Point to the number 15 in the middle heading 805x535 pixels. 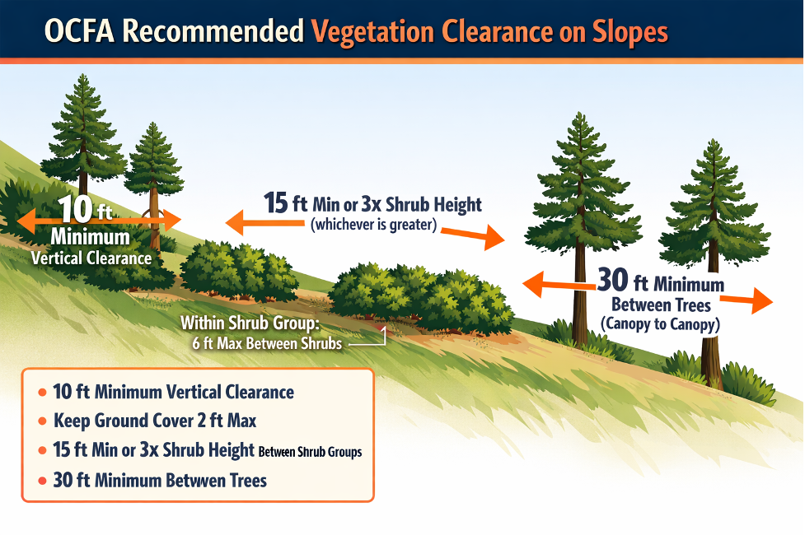pos(276,202)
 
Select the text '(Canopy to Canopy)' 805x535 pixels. pos(660,324)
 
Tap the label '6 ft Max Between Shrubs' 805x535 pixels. pos(267,344)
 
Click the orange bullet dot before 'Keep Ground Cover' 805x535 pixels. pos(42,421)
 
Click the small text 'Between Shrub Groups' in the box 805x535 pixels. pos(310,452)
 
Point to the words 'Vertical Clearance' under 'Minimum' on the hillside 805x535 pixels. pos(91,257)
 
